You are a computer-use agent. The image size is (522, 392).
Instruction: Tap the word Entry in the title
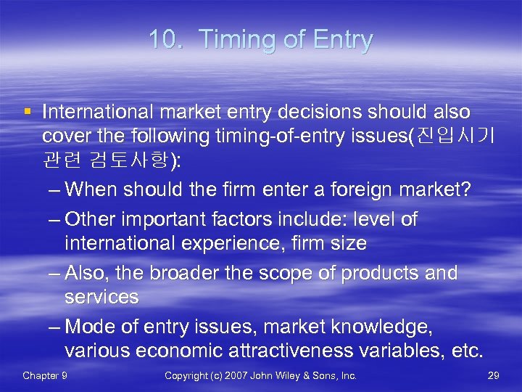click(338, 40)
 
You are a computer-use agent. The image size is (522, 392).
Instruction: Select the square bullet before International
click(27, 112)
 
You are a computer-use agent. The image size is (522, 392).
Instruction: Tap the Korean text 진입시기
click(455, 136)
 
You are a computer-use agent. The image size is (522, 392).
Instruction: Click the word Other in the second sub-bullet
click(89, 219)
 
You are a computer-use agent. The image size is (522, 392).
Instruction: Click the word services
click(101, 297)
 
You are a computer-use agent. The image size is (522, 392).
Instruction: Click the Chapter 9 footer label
click(45, 375)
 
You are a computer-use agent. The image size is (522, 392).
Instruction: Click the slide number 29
click(494, 375)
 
